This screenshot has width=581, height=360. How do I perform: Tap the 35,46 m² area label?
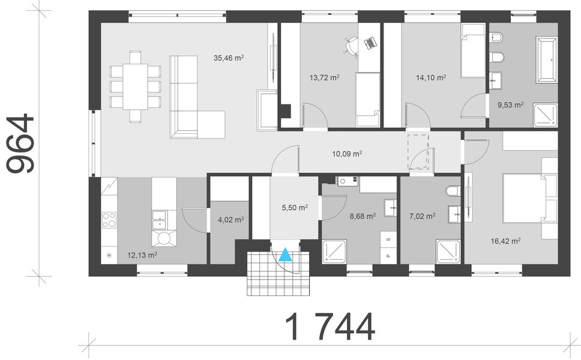point(228,58)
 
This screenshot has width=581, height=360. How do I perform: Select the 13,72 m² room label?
point(324,77)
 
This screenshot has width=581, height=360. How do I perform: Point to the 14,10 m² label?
point(431,77)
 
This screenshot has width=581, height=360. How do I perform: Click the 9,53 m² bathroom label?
point(510,104)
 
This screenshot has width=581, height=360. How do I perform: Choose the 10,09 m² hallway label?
point(347,154)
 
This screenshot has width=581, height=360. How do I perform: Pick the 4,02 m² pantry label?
point(230,220)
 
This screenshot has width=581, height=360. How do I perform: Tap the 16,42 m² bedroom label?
point(505,241)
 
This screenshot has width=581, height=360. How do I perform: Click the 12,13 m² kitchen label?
point(142,255)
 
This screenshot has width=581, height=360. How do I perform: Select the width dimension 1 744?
point(330,328)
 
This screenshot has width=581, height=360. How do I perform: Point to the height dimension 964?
point(21,145)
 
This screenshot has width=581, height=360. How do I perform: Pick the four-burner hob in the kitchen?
point(109,220)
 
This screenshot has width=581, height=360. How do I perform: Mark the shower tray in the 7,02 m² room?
point(448,251)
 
